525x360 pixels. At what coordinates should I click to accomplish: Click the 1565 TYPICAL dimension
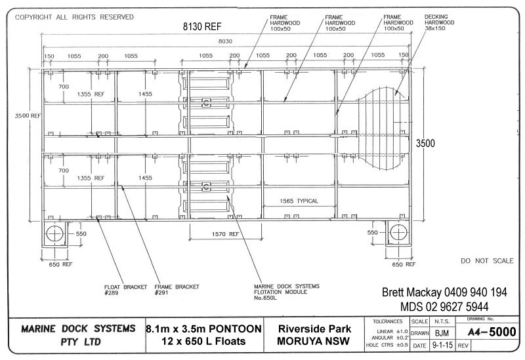[299, 201]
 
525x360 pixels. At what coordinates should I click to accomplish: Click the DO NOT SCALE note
[487, 261]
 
